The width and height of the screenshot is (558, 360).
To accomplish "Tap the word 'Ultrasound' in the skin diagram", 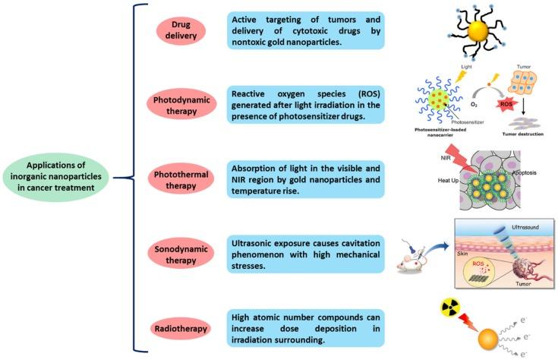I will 526,226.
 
